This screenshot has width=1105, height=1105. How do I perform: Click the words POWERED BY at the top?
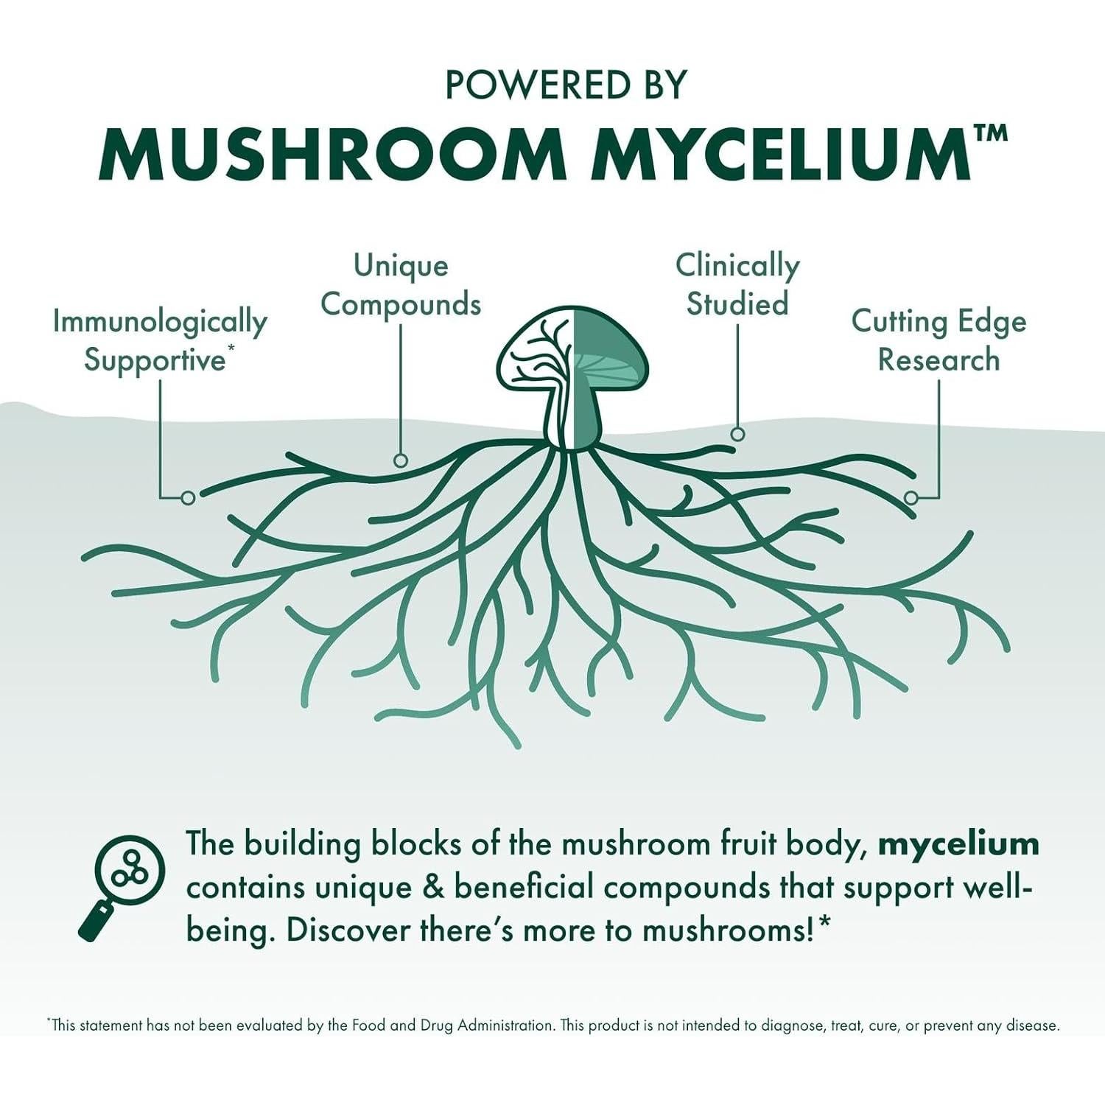pos(566,85)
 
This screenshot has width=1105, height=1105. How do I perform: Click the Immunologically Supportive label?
pos(159,341)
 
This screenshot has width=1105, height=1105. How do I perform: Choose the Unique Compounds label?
pos(401,285)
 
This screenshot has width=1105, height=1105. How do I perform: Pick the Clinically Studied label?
pos(737,285)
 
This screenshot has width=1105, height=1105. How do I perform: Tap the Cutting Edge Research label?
pos(939,341)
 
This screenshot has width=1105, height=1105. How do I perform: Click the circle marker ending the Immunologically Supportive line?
pos(188,498)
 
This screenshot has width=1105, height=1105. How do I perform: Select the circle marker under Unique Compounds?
pos(401,460)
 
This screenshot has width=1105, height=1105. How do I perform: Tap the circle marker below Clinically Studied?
pos(737,434)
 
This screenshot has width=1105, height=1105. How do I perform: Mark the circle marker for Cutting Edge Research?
pos(911,498)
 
